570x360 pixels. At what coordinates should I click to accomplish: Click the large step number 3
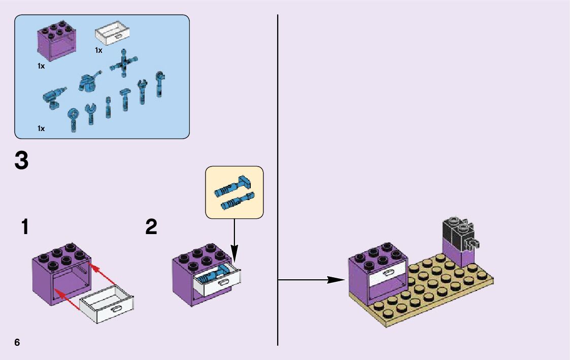[x=21, y=161]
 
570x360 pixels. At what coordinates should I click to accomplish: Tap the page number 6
[x=17, y=342]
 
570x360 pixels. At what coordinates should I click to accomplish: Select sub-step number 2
[x=151, y=227]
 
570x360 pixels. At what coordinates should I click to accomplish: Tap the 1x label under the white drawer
[x=98, y=50]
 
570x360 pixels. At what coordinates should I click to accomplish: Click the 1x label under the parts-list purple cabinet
[x=41, y=66]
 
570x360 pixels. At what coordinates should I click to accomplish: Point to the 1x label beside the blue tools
[x=41, y=128]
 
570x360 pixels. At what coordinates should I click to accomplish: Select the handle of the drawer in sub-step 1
[x=117, y=309]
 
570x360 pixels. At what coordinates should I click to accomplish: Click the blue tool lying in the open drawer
[x=212, y=276]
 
